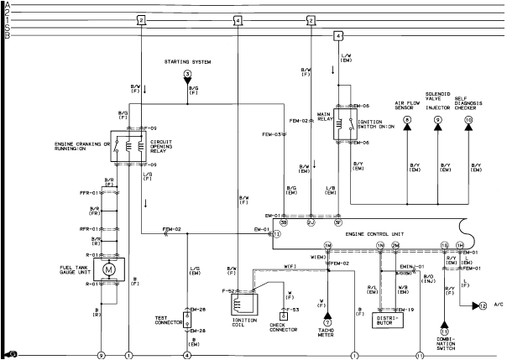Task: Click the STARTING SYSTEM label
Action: (188, 62)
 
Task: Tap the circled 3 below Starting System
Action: (188, 76)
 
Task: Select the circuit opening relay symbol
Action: (128, 145)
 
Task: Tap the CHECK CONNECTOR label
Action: (284, 327)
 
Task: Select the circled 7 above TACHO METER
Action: (328, 321)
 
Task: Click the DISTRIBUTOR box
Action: (387, 320)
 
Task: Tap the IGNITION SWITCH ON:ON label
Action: (373, 124)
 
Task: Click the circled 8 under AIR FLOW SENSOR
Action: (406, 120)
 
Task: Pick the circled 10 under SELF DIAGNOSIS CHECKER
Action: (469, 120)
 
